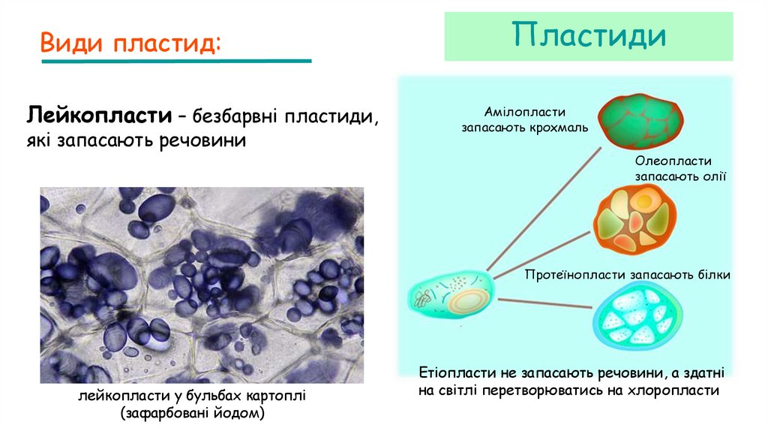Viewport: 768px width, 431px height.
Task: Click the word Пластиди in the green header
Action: [x=589, y=35]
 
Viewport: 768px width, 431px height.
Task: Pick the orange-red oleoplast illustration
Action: [x=631, y=220]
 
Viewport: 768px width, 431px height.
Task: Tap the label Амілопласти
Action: [x=524, y=110]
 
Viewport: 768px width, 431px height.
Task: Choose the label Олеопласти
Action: [x=673, y=161]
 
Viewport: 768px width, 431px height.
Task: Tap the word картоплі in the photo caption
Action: [x=277, y=396]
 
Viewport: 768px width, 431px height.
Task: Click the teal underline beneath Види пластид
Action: [x=176, y=61]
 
